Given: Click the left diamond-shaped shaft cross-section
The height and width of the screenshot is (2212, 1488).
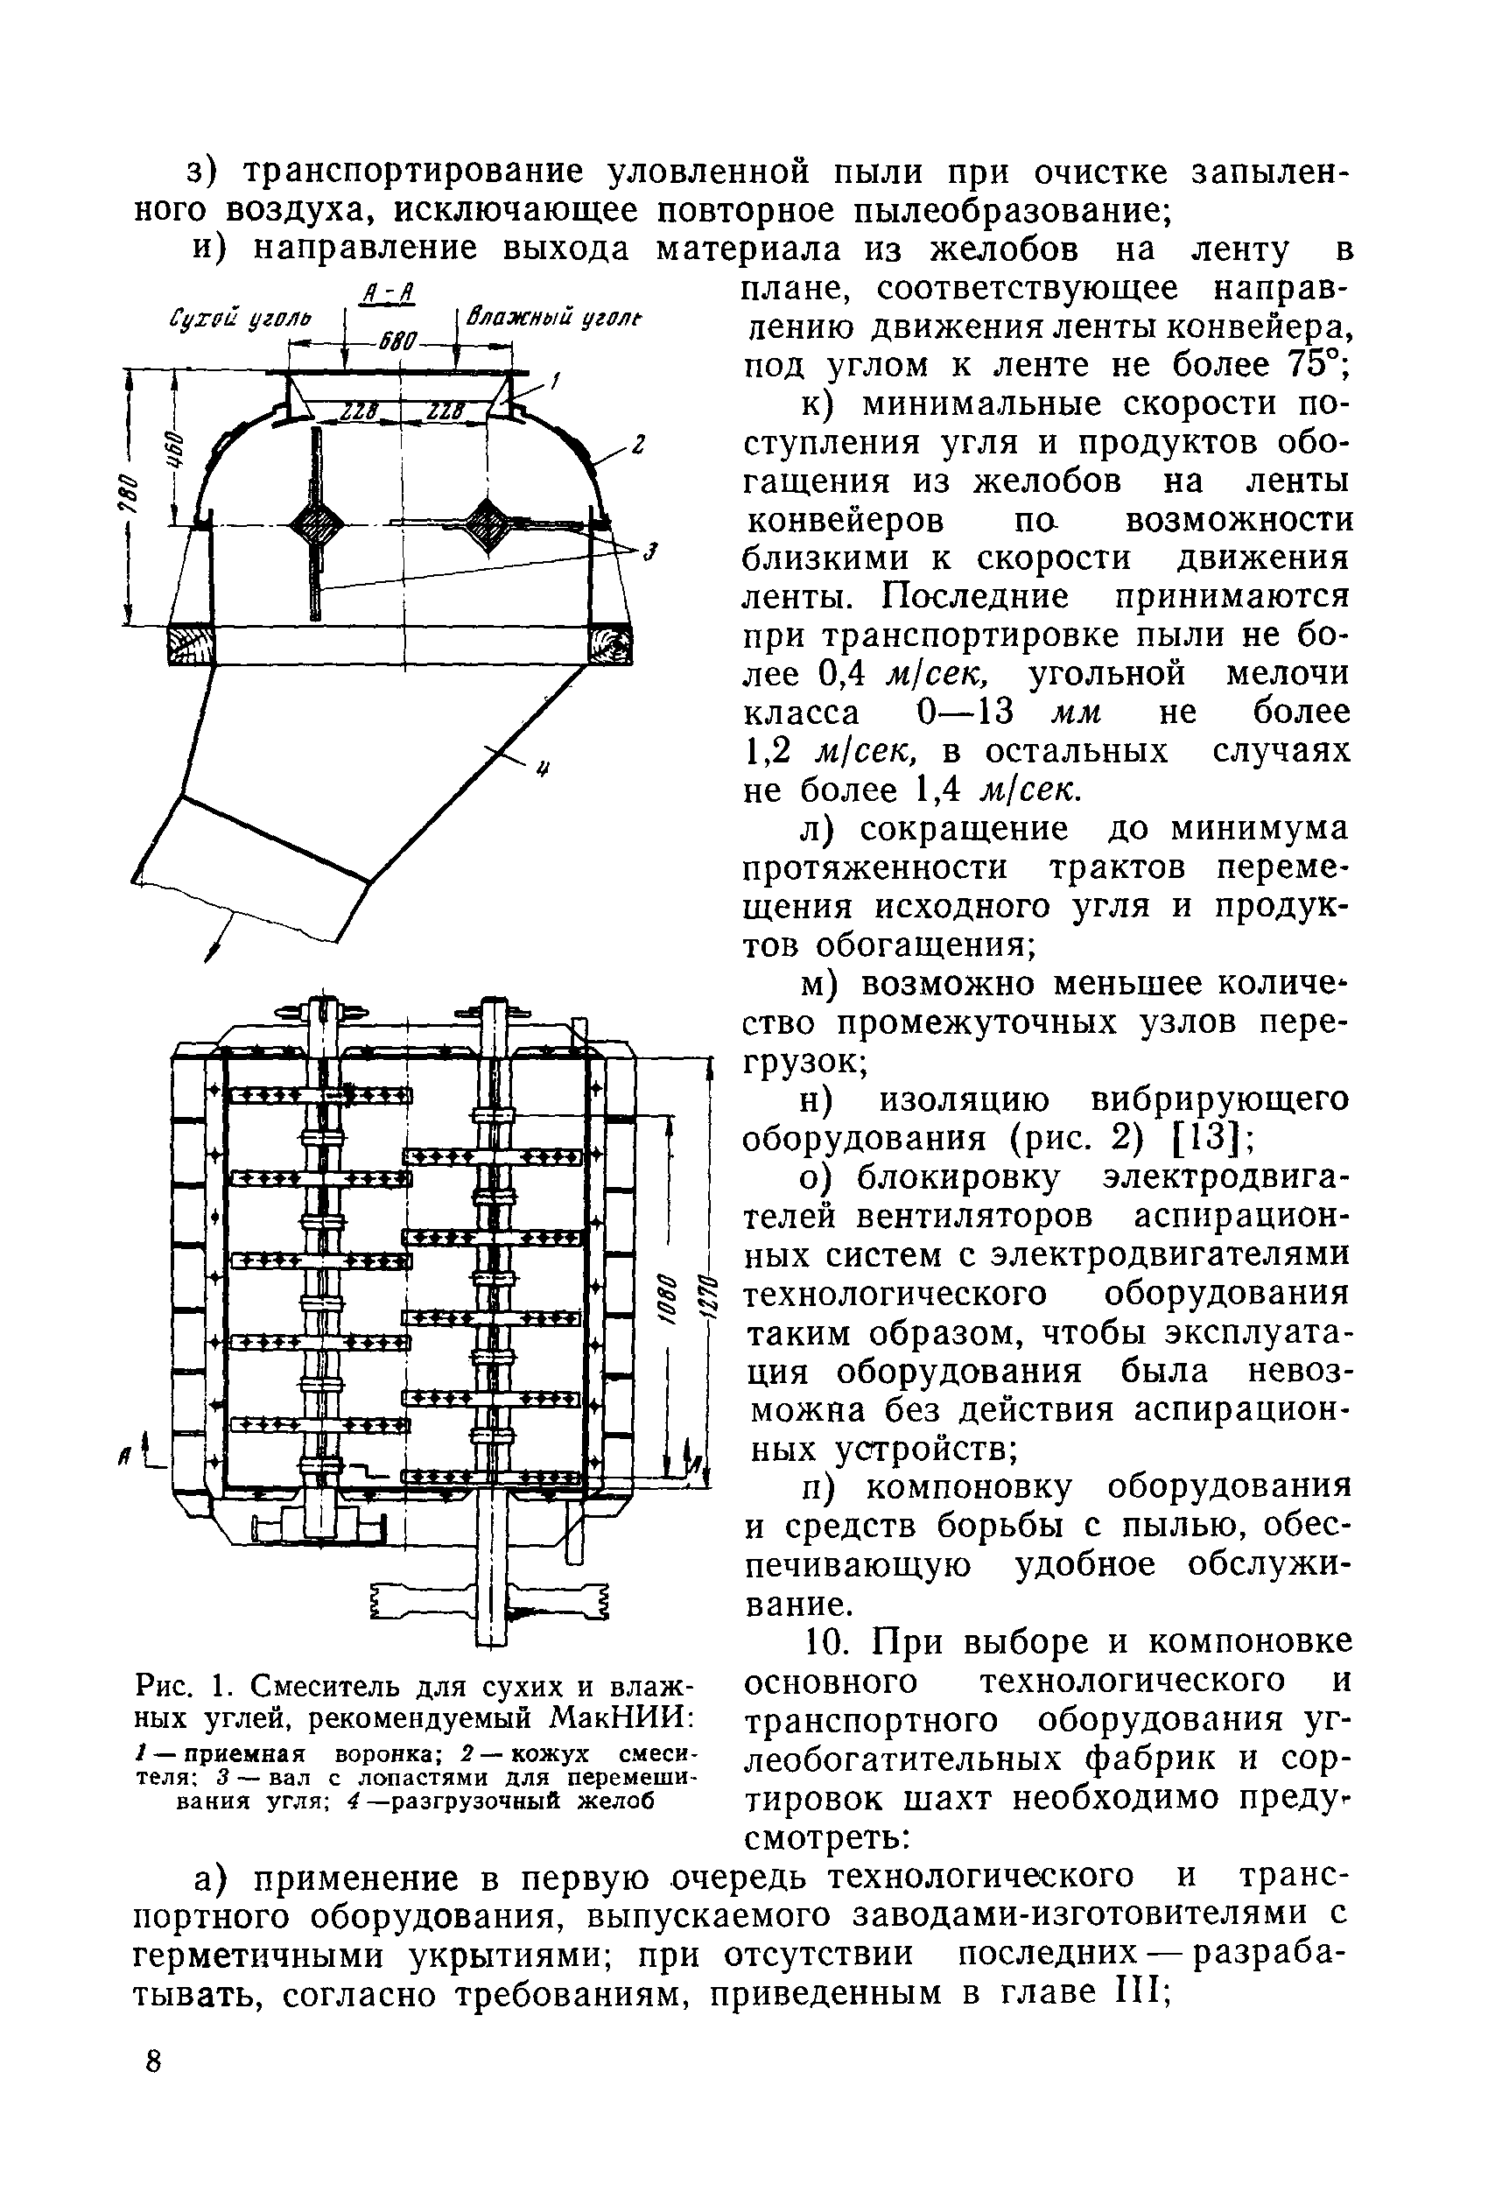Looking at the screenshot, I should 314,522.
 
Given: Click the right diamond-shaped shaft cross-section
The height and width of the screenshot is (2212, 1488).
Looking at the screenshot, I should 488,522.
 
